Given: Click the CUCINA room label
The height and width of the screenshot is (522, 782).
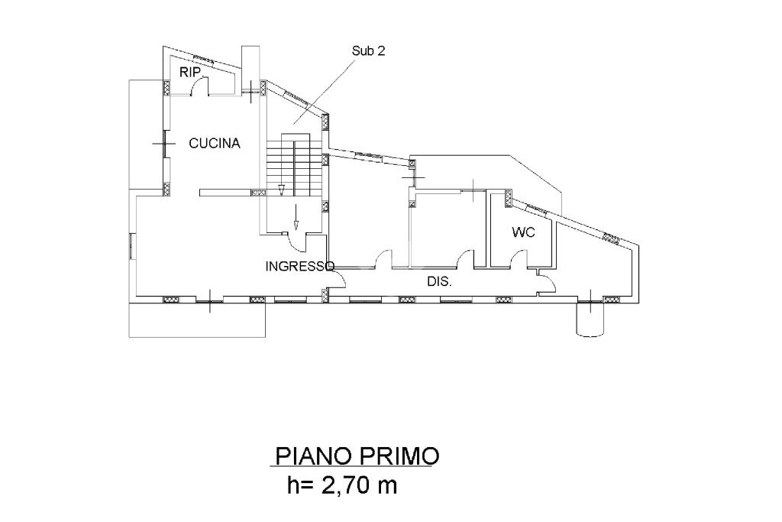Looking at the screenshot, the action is click(x=215, y=144).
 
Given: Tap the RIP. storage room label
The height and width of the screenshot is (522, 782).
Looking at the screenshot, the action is click(x=190, y=73).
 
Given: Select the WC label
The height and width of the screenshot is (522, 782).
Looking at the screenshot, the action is click(x=523, y=232).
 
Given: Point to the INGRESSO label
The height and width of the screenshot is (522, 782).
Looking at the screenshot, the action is click(x=299, y=267).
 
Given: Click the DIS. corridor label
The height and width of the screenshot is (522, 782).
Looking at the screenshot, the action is click(x=439, y=281).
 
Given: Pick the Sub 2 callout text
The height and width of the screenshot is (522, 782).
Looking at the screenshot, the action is click(x=369, y=51).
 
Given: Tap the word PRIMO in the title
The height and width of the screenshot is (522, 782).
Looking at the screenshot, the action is click(x=397, y=456).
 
